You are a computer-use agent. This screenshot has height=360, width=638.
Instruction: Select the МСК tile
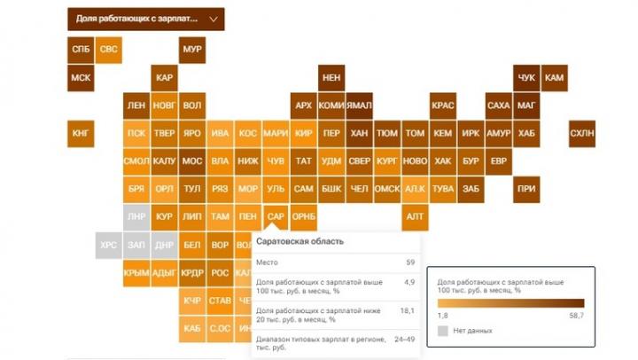(x=81, y=78)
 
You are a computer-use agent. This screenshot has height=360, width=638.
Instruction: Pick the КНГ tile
(x=81, y=134)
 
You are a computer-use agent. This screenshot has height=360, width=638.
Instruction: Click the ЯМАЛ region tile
(x=358, y=106)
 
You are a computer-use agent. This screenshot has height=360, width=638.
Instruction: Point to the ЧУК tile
(x=526, y=78)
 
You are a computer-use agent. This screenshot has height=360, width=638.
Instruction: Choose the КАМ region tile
(x=554, y=78)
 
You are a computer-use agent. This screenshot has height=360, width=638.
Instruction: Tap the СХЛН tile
(x=581, y=134)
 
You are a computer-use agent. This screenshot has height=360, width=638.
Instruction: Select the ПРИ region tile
(x=526, y=189)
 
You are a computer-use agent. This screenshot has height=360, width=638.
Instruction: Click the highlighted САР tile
(x=276, y=216)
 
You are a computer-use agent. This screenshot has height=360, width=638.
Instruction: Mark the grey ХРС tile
(x=109, y=245)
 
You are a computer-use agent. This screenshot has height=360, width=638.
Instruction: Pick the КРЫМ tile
(x=136, y=272)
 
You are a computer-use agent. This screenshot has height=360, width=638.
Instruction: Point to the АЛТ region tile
(x=414, y=216)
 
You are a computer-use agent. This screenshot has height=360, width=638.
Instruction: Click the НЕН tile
(x=331, y=78)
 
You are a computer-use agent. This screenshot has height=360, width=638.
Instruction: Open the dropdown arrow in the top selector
(x=212, y=19)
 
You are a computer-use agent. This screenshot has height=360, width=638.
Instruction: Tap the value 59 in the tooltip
(x=410, y=262)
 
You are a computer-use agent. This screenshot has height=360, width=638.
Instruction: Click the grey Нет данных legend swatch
(x=443, y=331)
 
